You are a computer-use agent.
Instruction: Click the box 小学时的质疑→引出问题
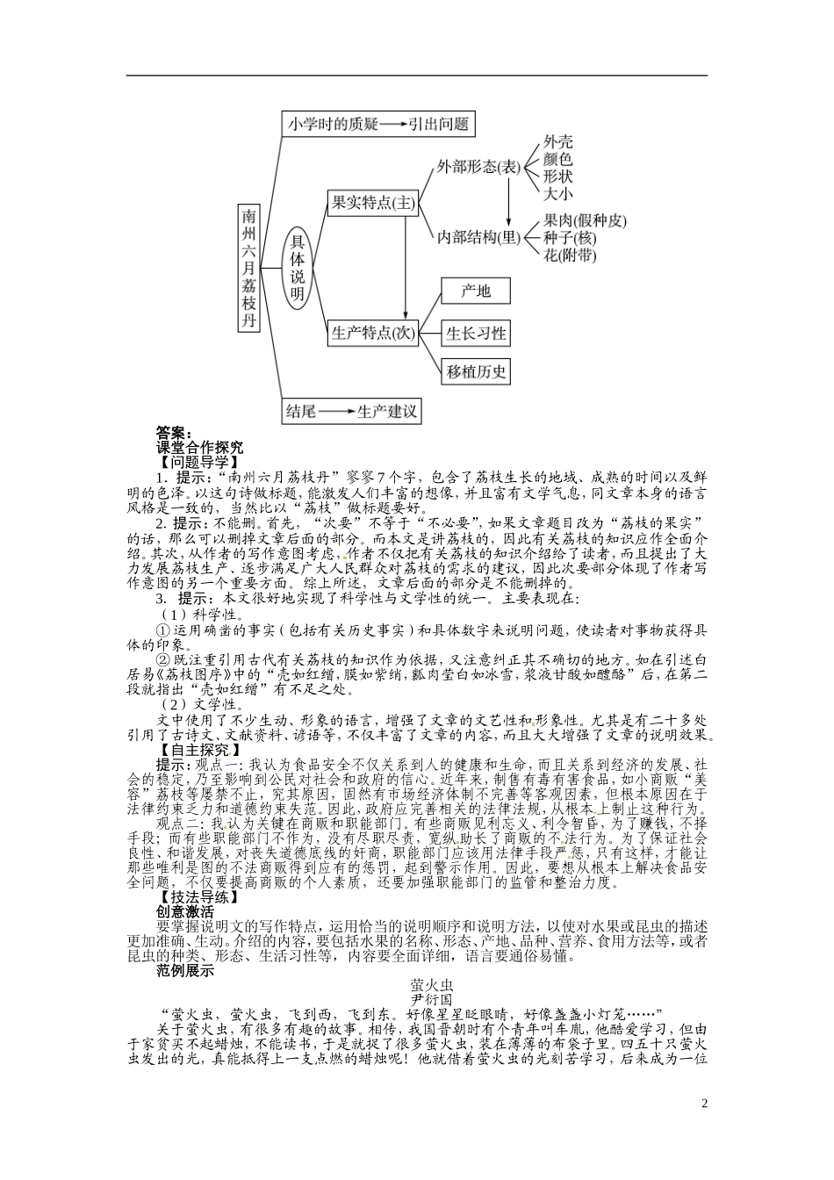coord(378,124)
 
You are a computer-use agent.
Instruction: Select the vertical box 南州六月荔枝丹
coord(251,268)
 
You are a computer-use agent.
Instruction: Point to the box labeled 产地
coord(476,291)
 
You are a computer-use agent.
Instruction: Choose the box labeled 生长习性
coord(476,333)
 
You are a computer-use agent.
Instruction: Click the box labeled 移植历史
coord(476,371)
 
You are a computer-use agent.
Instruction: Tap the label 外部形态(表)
coord(478,168)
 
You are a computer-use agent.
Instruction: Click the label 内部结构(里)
coord(478,237)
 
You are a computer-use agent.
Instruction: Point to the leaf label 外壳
coord(557,140)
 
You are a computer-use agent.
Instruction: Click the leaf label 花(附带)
coord(570,255)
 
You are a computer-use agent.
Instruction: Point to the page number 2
coord(704,1104)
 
